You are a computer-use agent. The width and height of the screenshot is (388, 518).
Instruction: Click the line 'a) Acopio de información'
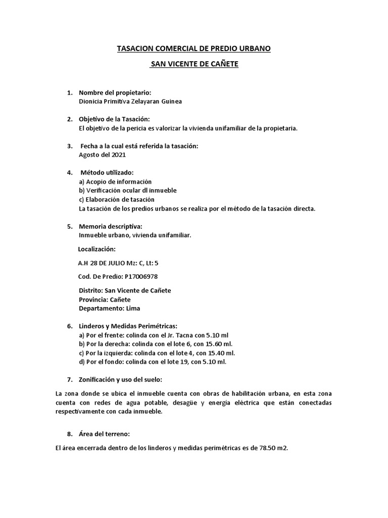pyautogui.click(x=115, y=182)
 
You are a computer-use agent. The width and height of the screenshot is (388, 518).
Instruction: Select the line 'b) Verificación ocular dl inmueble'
pyautogui.click(x=128, y=191)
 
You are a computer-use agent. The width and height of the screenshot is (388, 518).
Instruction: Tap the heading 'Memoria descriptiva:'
pyautogui.click(x=111, y=226)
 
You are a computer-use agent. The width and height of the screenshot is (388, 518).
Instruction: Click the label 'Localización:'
pyautogui.click(x=97, y=249)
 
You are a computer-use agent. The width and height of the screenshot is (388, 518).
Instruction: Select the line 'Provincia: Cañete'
pyautogui.click(x=105, y=299)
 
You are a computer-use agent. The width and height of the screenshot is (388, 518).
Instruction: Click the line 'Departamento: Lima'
pyautogui.click(x=110, y=308)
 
